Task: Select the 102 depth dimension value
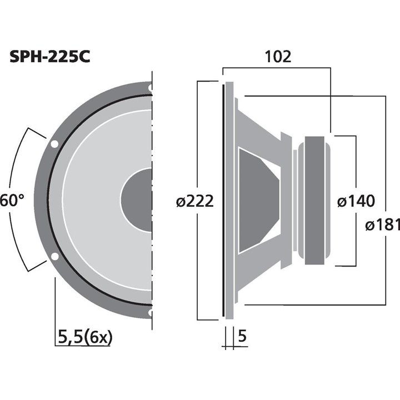coord(277,57)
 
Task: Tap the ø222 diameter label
coord(194,201)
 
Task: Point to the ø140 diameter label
coord(356,201)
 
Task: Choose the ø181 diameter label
coord(383,225)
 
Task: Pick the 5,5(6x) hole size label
coord(84,336)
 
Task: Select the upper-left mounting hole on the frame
coord(54,144)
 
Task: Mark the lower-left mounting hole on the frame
coord(54,257)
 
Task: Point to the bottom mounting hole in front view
coord(150,313)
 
